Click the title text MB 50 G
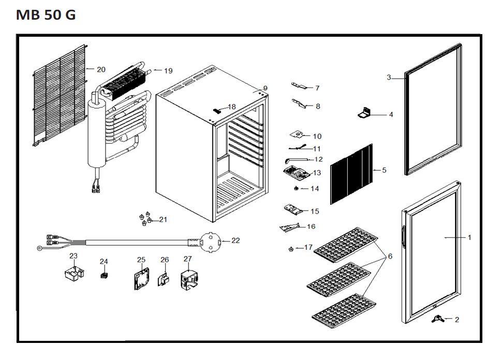coord(46,14)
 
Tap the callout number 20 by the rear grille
coord(101,69)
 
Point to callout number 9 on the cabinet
coord(265,88)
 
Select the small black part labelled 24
coord(104,275)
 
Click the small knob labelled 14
coord(296,189)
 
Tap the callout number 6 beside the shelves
coord(390,256)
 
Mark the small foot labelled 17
coord(291,249)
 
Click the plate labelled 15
coord(294,209)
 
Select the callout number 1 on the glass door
coord(469,237)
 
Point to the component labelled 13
coord(297,171)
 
